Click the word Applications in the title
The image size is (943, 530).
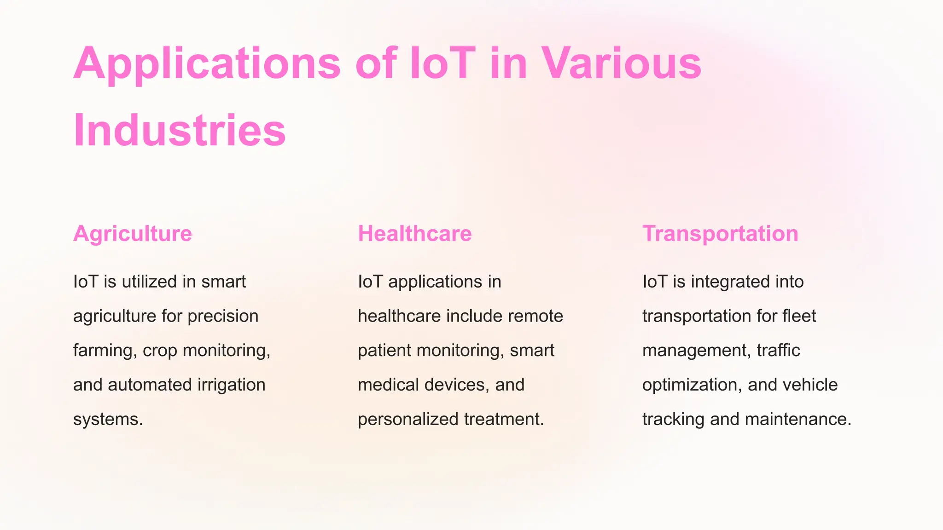207,63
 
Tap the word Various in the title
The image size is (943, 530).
621,63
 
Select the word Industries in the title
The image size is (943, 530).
180,131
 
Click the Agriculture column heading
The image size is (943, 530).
133,234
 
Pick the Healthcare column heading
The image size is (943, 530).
415,234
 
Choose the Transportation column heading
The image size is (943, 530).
720,234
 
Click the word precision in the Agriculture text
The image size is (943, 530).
223,316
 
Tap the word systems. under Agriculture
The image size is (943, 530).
108,419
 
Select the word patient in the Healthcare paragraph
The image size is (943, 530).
384,351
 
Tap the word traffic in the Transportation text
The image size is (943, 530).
778,351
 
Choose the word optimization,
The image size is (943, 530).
692,385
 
